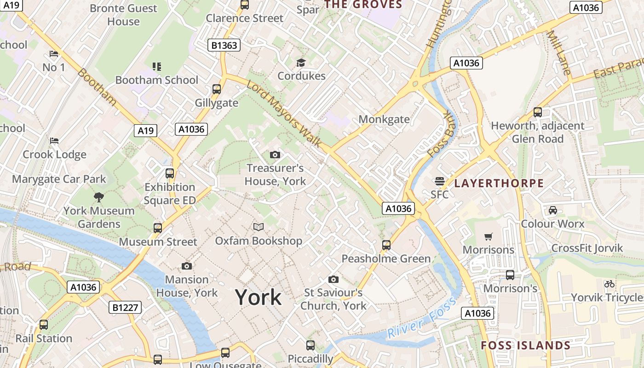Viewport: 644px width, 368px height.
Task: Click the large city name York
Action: [x=258, y=298]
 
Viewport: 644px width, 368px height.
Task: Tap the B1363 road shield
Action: [x=224, y=45]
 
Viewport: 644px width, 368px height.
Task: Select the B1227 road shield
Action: [x=125, y=307]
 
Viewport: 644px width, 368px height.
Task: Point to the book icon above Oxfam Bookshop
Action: [x=259, y=227]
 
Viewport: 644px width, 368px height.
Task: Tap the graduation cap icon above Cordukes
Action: [x=301, y=63]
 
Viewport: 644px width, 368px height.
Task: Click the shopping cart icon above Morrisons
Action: [x=488, y=236]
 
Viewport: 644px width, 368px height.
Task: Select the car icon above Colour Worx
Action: [x=552, y=210]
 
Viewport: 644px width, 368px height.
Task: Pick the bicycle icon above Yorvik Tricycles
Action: [x=609, y=284]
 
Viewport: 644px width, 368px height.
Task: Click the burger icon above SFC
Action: [x=439, y=181]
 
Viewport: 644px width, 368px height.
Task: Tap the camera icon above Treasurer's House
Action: [x=275, y=155]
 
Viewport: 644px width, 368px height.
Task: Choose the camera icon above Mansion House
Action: [x=186, y=266]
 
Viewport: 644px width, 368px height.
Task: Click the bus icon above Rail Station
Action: [x=44, y=325]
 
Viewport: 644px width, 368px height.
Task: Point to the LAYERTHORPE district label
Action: [x=499, y=183]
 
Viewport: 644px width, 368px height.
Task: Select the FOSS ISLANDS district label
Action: [x=525, y=345]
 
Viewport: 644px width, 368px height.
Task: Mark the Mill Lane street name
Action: [x=559, y=53]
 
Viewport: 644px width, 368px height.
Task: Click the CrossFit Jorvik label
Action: [x=586, y=248]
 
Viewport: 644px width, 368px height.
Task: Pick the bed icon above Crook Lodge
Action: [x=54, y=140]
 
